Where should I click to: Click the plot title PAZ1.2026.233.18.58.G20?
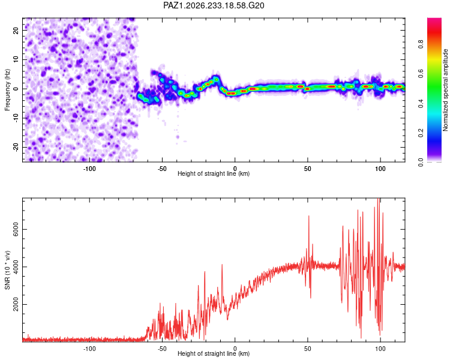pos(214,5)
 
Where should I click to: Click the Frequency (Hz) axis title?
pos(7,90)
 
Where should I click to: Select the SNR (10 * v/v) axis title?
pos(7,270)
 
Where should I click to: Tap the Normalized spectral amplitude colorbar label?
pos(445,90)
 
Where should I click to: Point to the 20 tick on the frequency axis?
pos(16,30)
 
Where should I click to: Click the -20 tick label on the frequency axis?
pos(16,147)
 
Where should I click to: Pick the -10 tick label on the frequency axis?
pos(16,118)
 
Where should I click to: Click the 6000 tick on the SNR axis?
pos(16,229)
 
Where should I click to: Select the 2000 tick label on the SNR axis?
pos(16,304)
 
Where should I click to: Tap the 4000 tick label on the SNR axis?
pos(16,267)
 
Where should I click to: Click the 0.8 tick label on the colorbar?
pos(421,44)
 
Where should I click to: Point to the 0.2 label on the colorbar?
pos(421,133)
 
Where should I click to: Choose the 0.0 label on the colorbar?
pos(421,162)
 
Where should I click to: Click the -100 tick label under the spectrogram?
pos(89,169)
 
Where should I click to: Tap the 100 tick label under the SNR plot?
pos(380,349)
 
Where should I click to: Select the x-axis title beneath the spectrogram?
pos(214,173)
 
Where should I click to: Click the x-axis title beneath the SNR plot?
pos(214,353)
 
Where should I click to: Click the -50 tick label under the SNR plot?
pos(162,349)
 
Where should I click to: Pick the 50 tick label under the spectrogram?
pos(308,169)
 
